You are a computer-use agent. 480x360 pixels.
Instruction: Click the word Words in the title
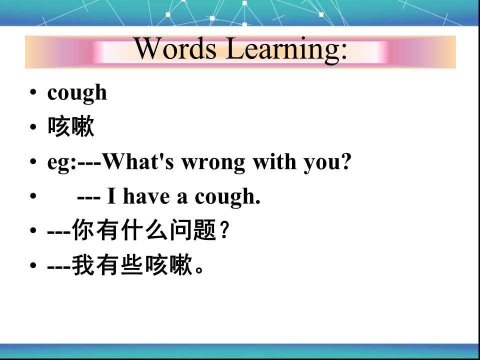click(175, 48)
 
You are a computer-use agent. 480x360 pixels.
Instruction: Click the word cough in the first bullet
click(77, 93)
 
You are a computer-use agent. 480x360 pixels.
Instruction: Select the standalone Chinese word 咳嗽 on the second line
click(70, 126)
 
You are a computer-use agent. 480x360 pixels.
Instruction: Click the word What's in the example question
click(138, 161)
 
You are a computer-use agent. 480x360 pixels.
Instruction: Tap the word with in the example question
click(274, 161)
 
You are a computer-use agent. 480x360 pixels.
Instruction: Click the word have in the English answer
click(146, 195)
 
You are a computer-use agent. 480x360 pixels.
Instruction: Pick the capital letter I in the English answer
click(111, 195)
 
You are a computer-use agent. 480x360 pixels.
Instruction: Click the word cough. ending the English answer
click(227, 197)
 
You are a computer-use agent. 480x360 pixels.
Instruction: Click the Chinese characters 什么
click(144, 229)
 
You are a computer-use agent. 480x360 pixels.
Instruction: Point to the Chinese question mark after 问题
click(224, 229)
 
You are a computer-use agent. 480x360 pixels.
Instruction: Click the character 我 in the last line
click(83, 265)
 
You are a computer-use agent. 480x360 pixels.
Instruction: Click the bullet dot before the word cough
click(33, 92)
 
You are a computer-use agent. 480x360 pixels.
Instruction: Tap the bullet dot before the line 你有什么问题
click(33, 230)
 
